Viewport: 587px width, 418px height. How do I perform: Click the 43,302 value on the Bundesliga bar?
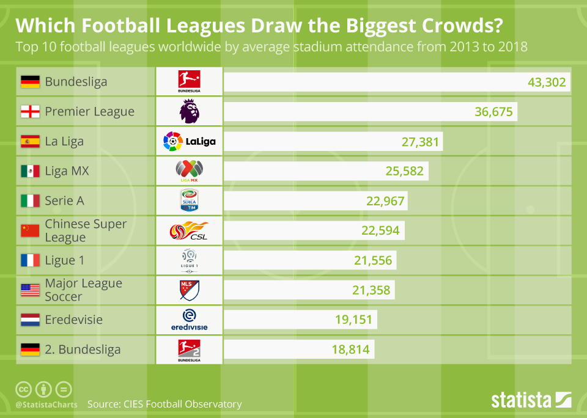[x=547, y=82]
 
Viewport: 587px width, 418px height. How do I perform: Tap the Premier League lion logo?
[x=189, y=112]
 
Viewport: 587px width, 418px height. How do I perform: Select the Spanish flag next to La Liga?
[x=30, y=142]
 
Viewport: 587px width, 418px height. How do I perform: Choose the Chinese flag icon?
[x=30, y=230]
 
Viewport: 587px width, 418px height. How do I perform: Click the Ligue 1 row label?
[x=64, y=260]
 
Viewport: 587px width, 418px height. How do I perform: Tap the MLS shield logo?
[x=189, y=290]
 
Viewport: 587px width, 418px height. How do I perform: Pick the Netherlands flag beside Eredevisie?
[x=30, y=320]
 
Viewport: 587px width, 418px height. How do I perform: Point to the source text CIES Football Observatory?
[x=164, y=404]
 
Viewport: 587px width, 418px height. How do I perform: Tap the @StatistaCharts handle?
[x=46, y=405]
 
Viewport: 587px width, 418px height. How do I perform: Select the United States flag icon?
[x=30, y=290]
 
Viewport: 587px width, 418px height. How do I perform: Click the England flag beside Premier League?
[x=30, y=112]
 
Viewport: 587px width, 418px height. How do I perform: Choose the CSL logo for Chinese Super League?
[x=189, y=231]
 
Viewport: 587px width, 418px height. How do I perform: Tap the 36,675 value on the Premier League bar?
[x=494, y=112]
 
